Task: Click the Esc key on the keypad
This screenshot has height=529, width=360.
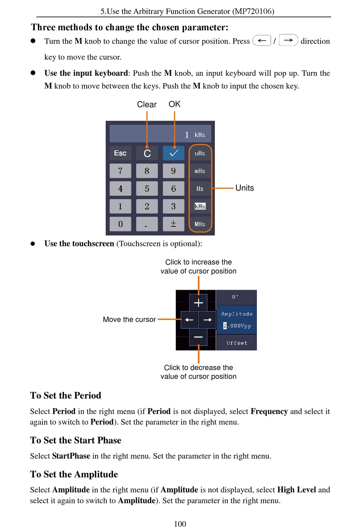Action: pos(120,153)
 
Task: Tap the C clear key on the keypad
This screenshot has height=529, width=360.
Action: pos(147,153)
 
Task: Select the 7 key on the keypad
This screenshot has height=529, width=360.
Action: pos(120,171)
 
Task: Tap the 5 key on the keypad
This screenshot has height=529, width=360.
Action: pos(147,189)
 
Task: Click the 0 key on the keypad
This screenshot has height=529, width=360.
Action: pos(120,224)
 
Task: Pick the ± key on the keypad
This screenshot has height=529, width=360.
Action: pos(173,224)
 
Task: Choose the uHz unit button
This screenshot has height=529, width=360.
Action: pos(200,153)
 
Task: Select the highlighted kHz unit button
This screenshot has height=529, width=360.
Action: pos(200,206)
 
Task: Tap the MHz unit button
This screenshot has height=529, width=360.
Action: pos(200,224)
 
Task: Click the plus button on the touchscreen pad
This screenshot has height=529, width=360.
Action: pos(198,303)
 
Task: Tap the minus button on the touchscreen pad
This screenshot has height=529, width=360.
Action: pos(198,337)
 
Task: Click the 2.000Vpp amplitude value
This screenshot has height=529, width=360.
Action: pos(237,326)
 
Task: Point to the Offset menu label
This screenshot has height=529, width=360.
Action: pos(237,343)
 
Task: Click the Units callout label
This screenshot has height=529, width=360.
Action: pos(244,188)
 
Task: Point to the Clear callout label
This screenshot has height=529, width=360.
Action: pos(147,105)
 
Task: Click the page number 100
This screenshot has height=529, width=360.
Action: pos(180,524)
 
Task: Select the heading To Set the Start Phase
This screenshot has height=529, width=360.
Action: pos(76,440)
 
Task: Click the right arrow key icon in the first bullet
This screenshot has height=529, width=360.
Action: pos(288,40)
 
